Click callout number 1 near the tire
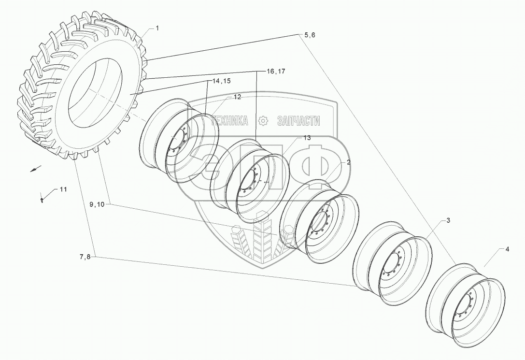[157, 29]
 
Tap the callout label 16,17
[276, 71]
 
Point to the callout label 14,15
[218, 81]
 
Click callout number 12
[237, 97]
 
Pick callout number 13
[307, 138]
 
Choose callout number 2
[348, 163]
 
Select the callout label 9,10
[97, 204]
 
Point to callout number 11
[64, 189]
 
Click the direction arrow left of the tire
[35, 169]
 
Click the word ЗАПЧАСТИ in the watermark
[299, 121]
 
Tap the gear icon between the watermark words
[263, 120]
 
